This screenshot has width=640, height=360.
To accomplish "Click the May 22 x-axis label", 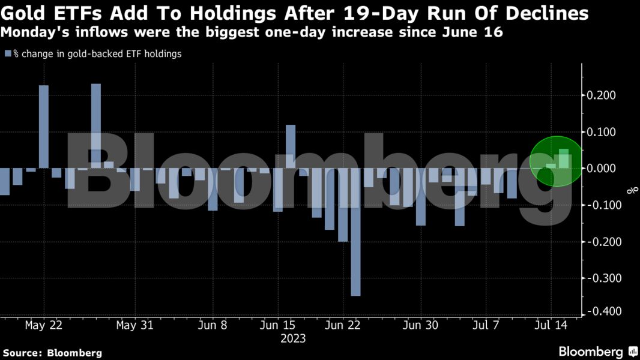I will [44, 325].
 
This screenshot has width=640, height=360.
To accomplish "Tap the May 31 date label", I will [134, 325].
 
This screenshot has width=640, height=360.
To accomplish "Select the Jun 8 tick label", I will [212, 325].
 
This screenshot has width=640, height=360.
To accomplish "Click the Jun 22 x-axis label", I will [342, 325].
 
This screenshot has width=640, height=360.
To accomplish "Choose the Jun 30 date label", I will [421, 325].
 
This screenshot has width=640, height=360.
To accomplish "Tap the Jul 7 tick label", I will [485, 325].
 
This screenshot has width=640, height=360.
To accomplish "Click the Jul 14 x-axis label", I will [551, 325].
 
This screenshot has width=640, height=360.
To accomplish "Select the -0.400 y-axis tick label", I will [602, 312].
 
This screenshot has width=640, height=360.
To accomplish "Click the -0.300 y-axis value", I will [602, 278].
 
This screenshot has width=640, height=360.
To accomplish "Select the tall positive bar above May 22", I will [44, 127].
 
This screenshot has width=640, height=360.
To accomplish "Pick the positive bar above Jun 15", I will [291, 147].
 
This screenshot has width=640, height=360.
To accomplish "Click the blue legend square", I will [8, 54].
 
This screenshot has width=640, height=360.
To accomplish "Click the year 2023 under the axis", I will [292, 338].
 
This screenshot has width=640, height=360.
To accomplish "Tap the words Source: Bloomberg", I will [52, 353].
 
